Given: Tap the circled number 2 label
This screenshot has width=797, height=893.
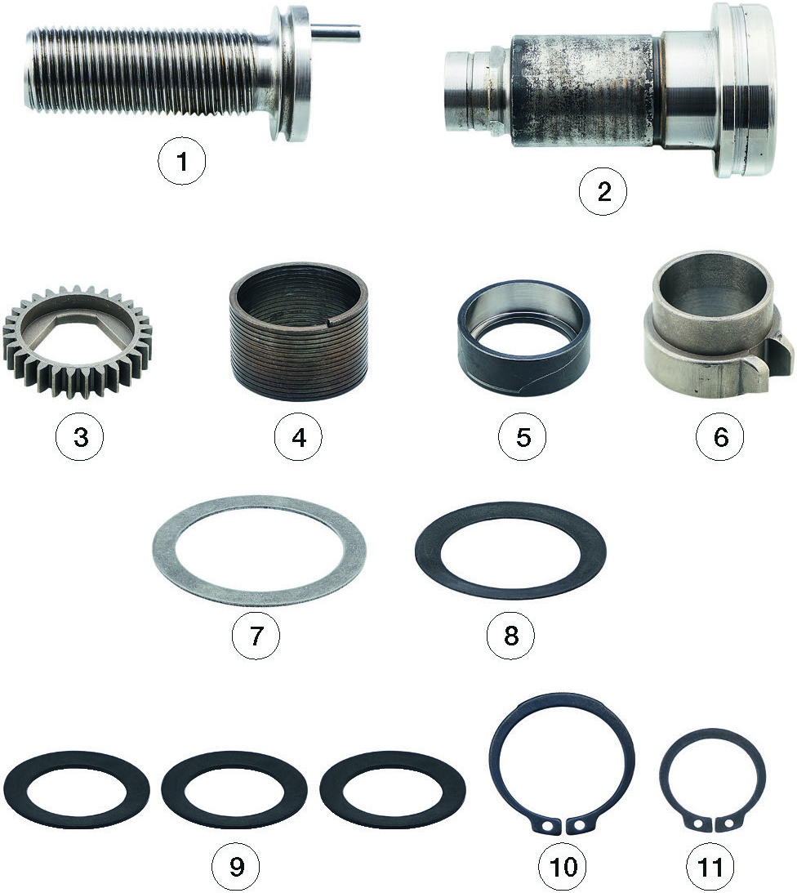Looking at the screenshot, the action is click(603, 191).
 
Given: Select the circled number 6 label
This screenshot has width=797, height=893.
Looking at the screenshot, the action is click(720, 437).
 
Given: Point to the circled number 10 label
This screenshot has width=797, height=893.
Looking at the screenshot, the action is click(563, 867).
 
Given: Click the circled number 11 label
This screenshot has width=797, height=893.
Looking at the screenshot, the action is click(710, 867).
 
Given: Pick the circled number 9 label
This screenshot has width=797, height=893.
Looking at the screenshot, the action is click(236, 867).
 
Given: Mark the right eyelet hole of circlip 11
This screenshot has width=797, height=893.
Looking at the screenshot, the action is click(728, 823).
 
